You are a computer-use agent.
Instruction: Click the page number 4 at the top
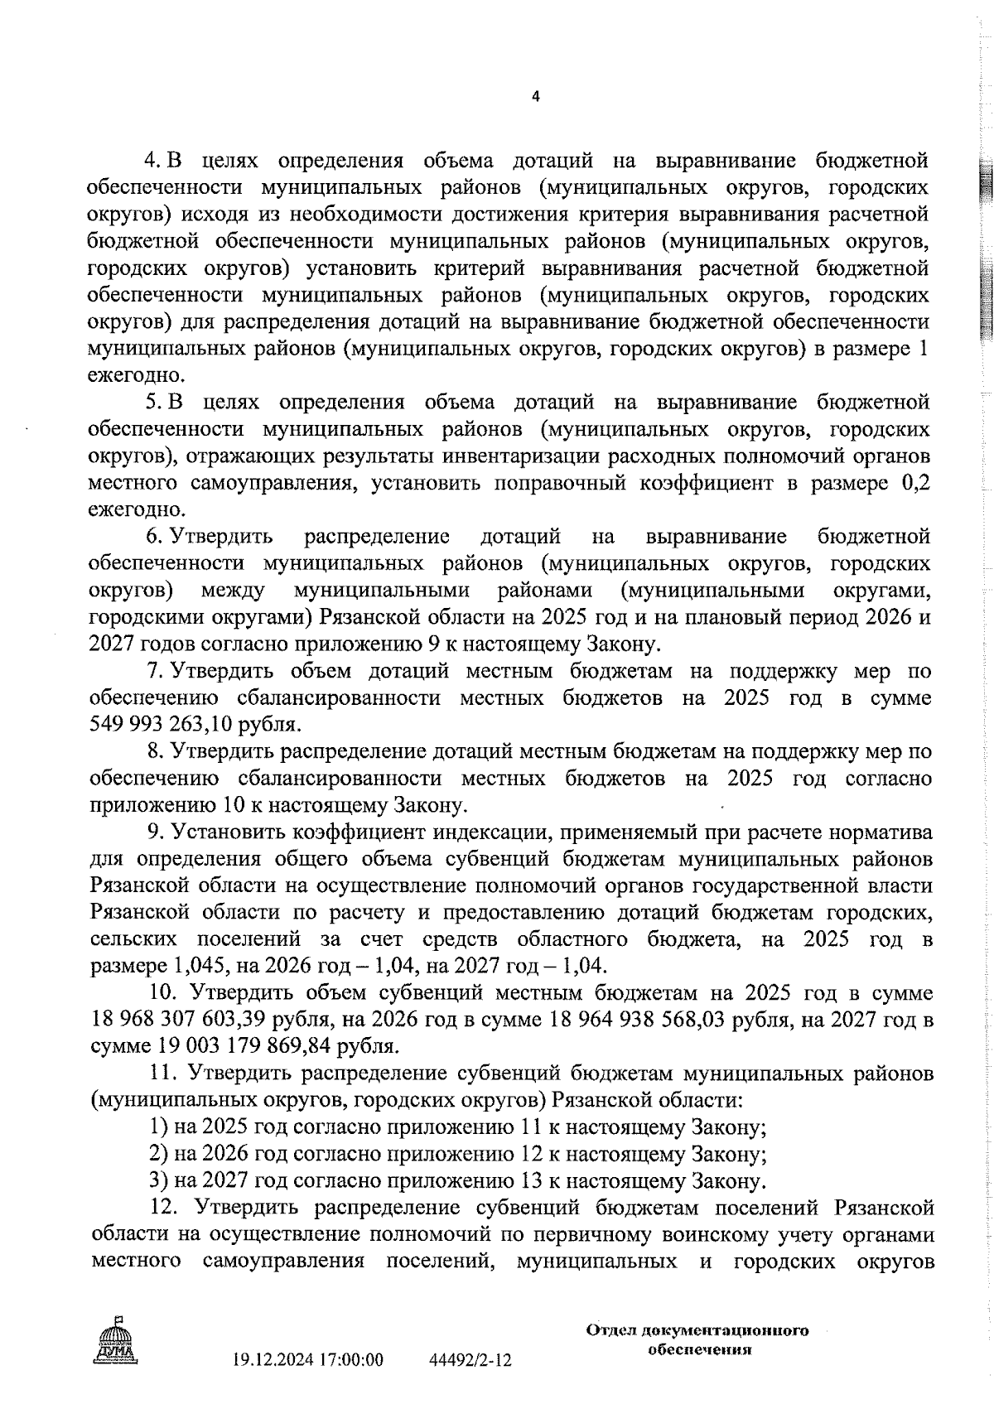click(534, 97)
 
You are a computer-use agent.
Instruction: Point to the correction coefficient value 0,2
click(915, 483)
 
